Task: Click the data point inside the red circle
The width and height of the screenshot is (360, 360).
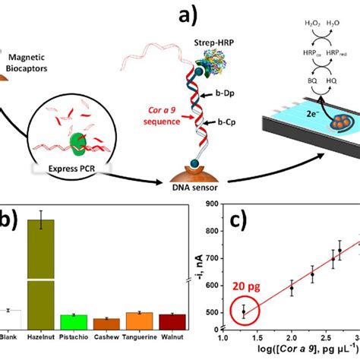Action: (244, 311)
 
